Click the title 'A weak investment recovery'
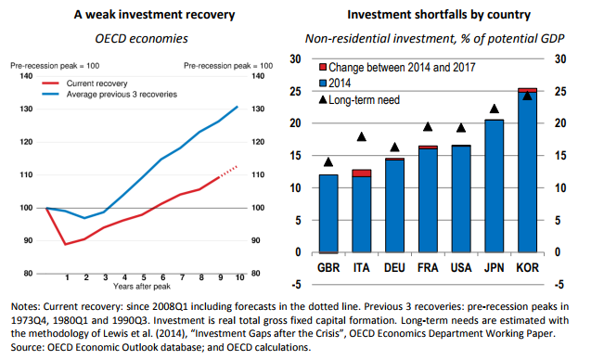tap(154, 15)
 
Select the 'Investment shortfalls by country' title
tap(439, 15)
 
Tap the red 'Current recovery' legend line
tap(50, 84)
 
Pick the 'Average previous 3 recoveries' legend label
tap(122, 95)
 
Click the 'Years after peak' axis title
tap(142, 286)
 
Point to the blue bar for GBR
tap(328, 213)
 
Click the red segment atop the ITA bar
tap(361, 174)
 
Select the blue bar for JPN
tap(495, 186)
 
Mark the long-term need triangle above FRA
tap(428, 127)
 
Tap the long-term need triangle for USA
tap(461, 128)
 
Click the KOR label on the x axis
tap(527, 267)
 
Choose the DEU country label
tap(394, 267)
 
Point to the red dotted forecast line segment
tap(228, 172)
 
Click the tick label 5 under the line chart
tap(144, 277)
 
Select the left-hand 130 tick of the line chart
tap(26, 109)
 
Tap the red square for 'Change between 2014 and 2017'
tap(323, 68)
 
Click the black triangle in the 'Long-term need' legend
tap(323, 100)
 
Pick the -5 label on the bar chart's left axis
tap(296, 285)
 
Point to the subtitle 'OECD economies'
tap(141, 38)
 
